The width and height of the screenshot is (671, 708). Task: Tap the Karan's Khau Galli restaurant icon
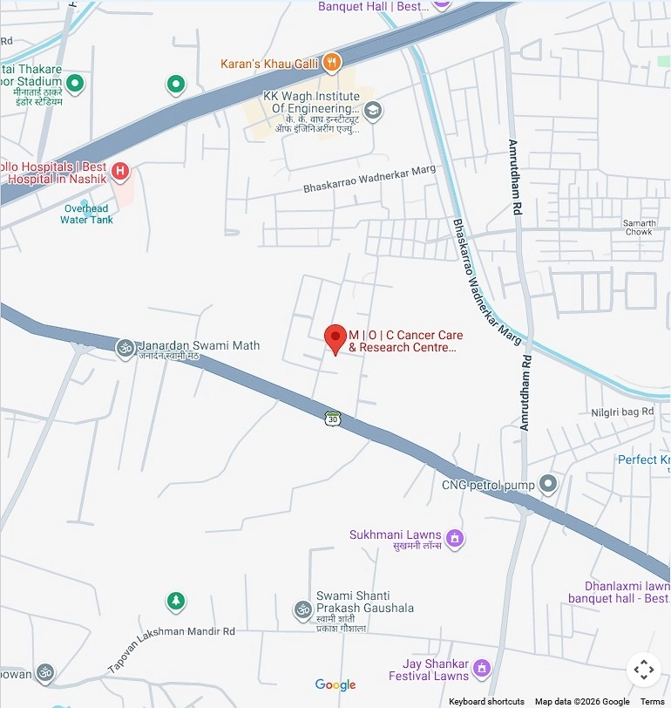(x=331, y=63)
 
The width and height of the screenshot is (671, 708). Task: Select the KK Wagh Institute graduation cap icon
(x=373, y=110)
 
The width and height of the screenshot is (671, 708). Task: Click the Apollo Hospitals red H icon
(x=121, y=172)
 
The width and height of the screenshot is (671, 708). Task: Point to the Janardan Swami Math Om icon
(x=125, y=348)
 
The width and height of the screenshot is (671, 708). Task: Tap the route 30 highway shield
(x=332, y=419)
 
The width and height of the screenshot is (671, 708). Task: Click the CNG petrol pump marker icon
(x=547, y=483)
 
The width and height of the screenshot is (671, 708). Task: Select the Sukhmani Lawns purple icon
(x=453, y=539)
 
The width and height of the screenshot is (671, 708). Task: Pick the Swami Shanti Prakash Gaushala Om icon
(x=302, y=609)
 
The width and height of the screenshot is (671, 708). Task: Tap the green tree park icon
(x=176, y=602)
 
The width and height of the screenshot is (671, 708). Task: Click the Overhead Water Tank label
(x=86, y=214)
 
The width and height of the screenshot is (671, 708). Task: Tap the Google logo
(x=335, y=685)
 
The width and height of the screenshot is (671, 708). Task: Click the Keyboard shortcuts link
(x=486, y=702)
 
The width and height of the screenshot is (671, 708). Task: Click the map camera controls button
(x=643, y=670)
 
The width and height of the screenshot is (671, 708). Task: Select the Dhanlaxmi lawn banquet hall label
(x=619, y=593)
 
